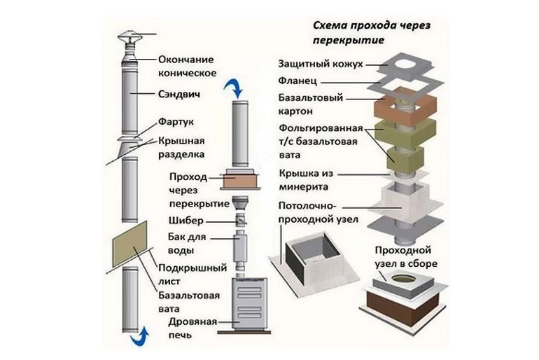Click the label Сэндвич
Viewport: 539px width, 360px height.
[178, 94]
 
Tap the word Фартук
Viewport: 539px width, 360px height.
[176, 122]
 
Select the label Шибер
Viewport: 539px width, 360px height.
[186, 221]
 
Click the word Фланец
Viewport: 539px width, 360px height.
[297, 81]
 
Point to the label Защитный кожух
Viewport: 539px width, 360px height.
[321, 64]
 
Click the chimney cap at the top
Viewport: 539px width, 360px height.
[129, 38]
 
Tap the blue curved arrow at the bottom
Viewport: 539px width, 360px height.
[139, 337]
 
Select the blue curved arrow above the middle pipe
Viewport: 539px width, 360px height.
[234, 88]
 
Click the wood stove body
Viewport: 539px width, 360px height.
[250, 304]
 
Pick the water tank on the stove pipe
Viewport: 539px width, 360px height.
[240, 248]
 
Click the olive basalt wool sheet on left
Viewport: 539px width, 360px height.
[129, 244]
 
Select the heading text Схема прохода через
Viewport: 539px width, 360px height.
[372, 25]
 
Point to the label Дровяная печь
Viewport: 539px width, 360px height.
[192, 328]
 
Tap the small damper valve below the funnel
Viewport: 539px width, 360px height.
[241, 219]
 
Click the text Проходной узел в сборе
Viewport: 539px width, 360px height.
[406, 256]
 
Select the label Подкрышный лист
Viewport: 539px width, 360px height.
[192, 274]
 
